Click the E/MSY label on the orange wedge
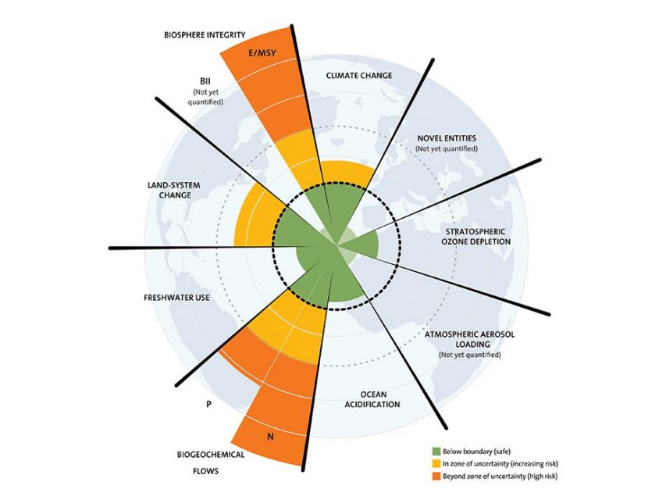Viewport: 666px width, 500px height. coord(262,53)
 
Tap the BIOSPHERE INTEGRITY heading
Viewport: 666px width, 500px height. coord(205,35)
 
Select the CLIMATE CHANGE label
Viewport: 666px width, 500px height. coord(359,76)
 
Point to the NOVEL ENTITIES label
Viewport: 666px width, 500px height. coord(447,138)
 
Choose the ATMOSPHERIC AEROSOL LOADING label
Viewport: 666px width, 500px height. coord(469,339)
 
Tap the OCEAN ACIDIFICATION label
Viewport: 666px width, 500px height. coord(372,399)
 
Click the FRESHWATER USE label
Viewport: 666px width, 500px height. coord(176,298)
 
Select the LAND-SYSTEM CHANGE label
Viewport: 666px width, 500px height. coord(173,190)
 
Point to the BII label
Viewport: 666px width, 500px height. coord(205,80)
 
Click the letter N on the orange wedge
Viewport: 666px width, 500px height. coord(270,437)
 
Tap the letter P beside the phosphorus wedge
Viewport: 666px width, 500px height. coord(208,405)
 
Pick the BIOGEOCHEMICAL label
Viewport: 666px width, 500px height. coord(211,455)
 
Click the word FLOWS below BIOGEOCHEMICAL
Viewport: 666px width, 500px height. coord(205,471)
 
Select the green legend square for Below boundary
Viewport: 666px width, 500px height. coord(436,452)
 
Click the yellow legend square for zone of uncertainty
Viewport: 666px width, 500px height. coord(436,463)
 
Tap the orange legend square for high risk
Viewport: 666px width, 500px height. coord(436,477)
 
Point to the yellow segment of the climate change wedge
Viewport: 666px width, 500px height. coord(345,171)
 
